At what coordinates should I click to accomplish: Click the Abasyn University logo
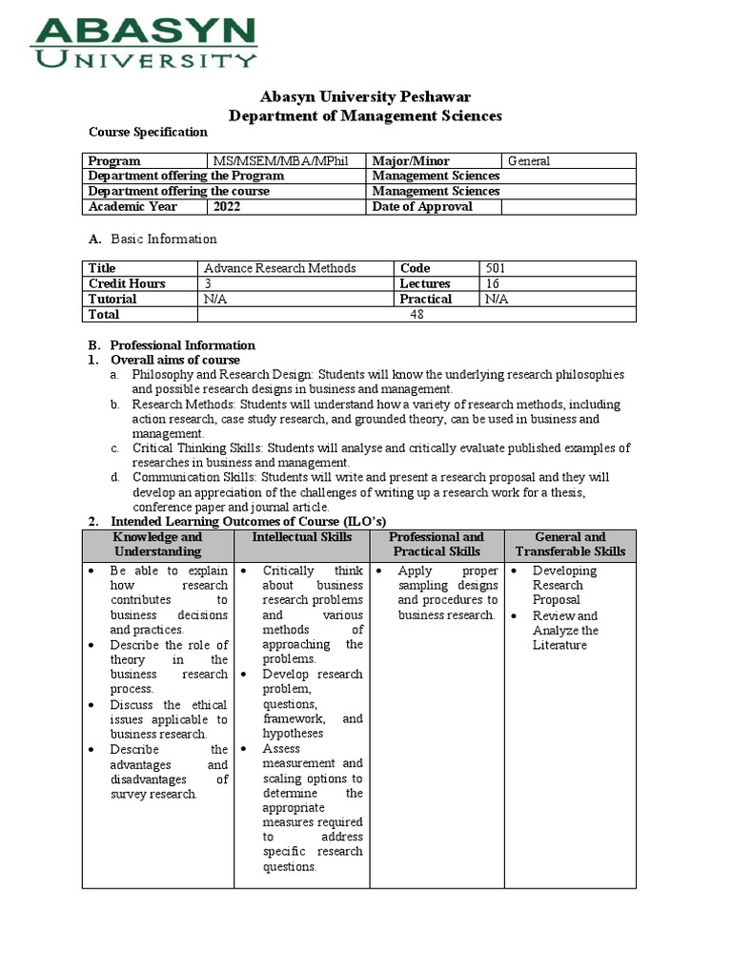(x=144, y=42)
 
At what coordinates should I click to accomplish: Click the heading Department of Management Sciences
(x=366, y=115)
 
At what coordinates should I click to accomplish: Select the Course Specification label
(x=148, y=133)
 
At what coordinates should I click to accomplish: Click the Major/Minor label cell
(x=411, y=161)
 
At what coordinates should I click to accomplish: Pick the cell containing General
(x=529, y=161)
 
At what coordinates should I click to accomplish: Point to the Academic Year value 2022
(x=228, y=206)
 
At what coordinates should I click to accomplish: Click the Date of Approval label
(x=421, y=206)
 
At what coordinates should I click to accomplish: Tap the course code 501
(x=496, y=268)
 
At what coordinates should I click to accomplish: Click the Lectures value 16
(x=493, y=283)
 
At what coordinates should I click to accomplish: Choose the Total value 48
(x=417, y=314)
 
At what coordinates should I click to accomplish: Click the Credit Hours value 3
(x=208, y=283)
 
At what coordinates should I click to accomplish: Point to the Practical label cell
(x=425, y=299)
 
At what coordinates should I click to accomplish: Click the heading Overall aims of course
(x=175, y=360)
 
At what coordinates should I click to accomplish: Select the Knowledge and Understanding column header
(x=158, y=544)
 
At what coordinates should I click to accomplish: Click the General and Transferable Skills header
(x=570, y=544)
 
